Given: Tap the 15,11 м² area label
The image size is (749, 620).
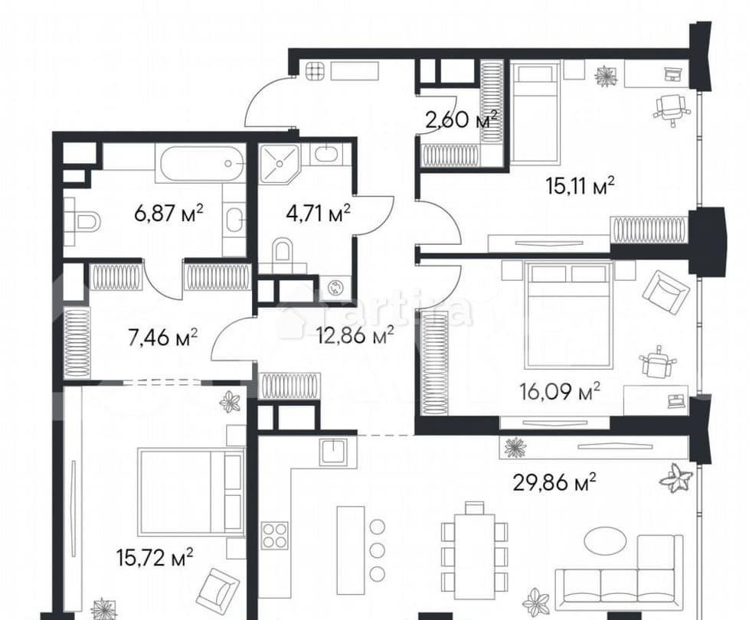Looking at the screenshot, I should (581, 185).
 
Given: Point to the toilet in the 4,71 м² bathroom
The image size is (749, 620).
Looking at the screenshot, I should (283, 252).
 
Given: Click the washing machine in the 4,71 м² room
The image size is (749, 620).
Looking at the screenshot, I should (335, 288).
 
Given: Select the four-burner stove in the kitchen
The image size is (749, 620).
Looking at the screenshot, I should (275, 534).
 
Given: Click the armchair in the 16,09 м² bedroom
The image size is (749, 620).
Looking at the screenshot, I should (665, 292).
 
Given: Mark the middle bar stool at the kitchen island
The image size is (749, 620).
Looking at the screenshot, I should (376, 550).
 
